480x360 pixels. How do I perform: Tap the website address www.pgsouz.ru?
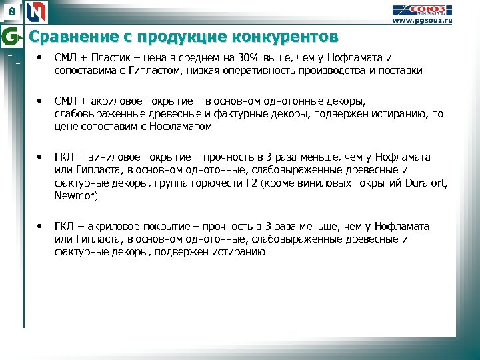click(422, 21)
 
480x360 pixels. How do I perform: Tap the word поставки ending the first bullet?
click(402, 70)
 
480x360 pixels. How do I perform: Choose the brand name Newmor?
click(75, 196)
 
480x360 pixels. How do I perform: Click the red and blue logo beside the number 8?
click(37, 11)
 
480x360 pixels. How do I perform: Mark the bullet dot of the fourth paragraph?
click(41, 227)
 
